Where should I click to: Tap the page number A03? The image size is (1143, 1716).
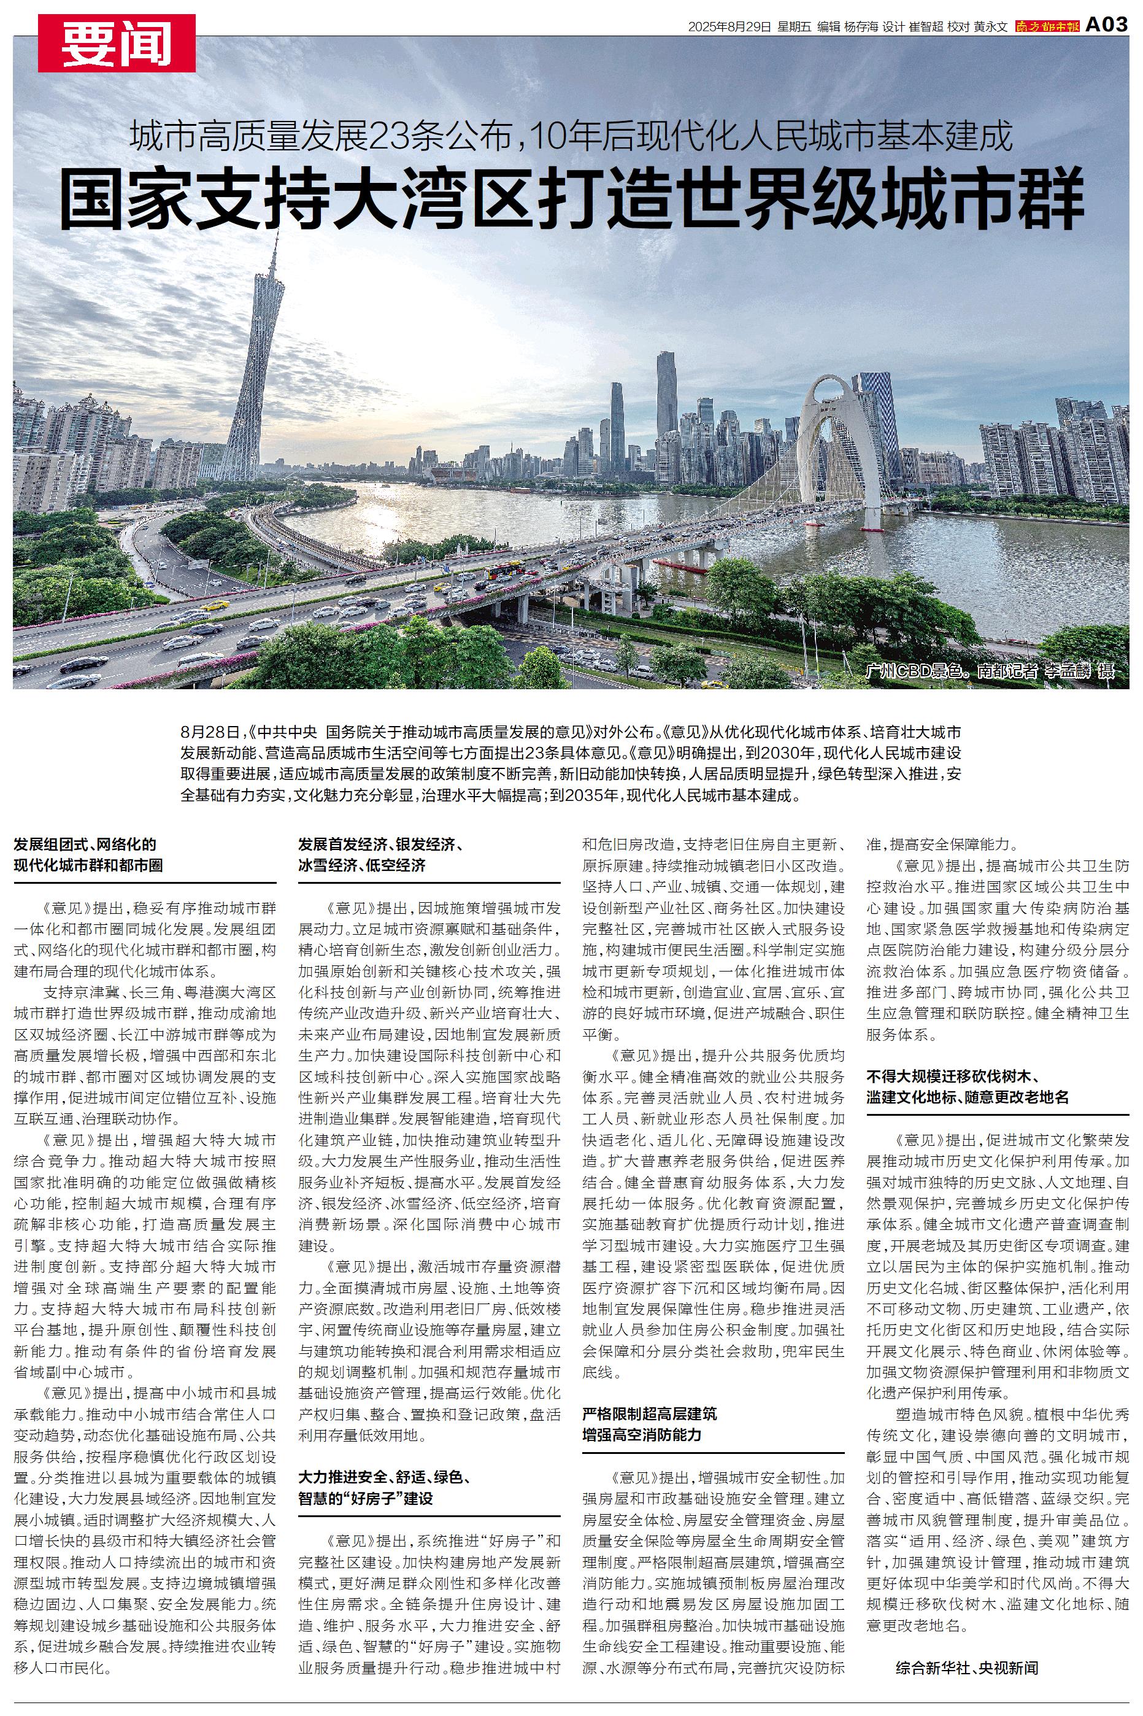click(1107, 26)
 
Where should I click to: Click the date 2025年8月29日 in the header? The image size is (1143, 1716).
click(729, 27)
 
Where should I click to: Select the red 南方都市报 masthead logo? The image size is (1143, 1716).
click(1047, 27)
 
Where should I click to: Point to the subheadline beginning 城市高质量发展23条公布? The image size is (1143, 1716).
click(572, 136)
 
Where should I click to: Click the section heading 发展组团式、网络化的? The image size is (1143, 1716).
click(85, 845)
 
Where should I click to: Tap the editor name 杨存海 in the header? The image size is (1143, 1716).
click(861, 27)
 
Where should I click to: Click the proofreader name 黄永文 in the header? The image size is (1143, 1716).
click(991, 27)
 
